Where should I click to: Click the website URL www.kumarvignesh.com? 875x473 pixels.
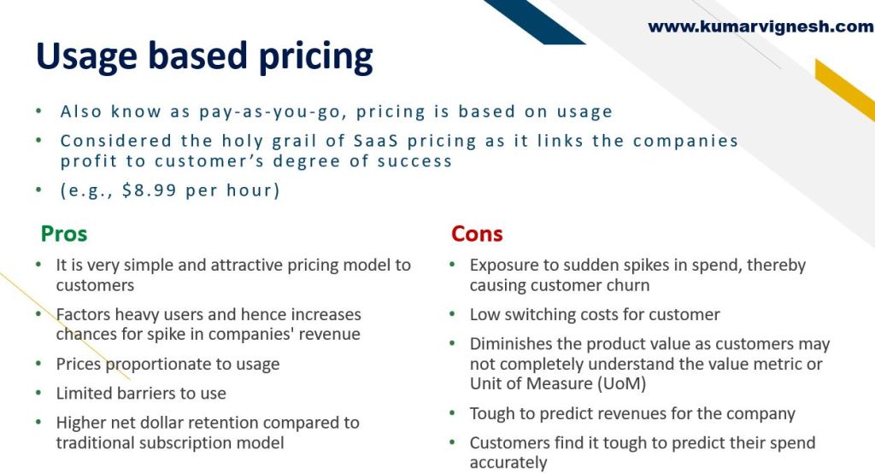(760, 26)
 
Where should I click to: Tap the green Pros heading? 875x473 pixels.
(64, 233)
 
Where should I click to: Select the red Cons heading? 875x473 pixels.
(477, 233)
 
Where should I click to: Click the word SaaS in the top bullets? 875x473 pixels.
(376, 141)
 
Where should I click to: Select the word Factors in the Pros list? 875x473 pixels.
(83, 314)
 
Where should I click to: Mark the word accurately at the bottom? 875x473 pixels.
(508, 463)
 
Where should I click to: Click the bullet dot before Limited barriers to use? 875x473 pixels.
(38, 393)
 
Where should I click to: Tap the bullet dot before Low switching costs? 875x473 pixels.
(453, 314)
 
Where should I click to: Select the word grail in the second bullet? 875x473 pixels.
(295, 141)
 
